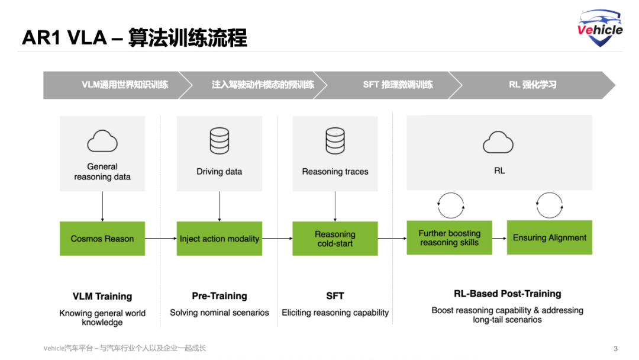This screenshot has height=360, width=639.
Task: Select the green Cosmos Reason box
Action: pos(102,239)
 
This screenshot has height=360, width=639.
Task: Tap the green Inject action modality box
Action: pos(220,239)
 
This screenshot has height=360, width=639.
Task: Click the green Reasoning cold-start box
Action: pos(335,239)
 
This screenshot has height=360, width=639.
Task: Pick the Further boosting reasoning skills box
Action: pos(449,237)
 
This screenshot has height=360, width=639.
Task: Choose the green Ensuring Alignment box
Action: pos(550,237)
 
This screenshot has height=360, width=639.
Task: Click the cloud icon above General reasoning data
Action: pos(102,142)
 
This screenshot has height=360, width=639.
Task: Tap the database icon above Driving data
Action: pos(220,141)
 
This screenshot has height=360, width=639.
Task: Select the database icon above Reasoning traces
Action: pos(335,141)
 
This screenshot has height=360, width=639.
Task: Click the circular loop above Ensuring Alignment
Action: pos(549,205)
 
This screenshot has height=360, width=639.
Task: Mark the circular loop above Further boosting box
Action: pos(450,205)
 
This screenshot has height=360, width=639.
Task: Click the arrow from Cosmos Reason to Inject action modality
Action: pos(160,239)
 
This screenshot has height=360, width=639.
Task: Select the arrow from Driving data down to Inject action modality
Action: pos(220,206)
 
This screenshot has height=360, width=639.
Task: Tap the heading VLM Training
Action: pos(102,296)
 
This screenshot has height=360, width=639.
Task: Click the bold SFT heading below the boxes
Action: pos(335,295)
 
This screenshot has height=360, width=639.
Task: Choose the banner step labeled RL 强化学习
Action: pos(532,85)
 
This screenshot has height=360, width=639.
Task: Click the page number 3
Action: pos(615,349)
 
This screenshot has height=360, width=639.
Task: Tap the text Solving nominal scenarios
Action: pos(220,312)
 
